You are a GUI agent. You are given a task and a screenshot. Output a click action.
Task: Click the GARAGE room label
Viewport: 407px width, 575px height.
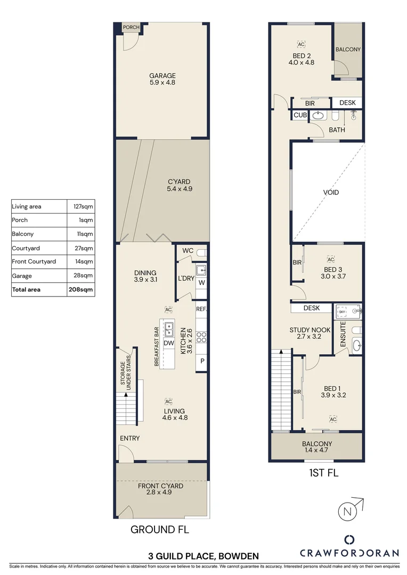[x=162, y=76]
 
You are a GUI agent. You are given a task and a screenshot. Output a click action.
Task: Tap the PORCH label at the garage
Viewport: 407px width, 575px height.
[x=131, y=28]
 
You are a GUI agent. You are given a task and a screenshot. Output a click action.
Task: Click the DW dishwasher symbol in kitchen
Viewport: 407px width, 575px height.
[x=169, y=343]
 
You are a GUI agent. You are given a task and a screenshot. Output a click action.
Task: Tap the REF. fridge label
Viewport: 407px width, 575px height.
[x=201, y=309]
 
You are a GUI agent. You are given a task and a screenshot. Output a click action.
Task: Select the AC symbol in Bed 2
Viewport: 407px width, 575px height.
[x=302, y=45]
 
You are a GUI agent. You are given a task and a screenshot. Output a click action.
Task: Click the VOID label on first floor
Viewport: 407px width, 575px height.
[x=331, y=192]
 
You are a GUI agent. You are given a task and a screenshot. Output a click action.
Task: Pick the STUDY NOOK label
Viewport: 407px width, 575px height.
[x=310, y=330]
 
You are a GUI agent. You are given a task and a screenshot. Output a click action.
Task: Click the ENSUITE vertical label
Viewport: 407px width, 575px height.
[x=343, y=334]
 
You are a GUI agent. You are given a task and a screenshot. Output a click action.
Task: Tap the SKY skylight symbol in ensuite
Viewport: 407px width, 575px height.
[x=342, y=311]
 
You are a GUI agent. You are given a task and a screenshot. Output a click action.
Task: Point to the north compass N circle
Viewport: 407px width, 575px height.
[x=347, y=512]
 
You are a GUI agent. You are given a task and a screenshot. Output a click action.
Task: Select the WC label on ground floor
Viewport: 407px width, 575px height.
[x=188, y=251]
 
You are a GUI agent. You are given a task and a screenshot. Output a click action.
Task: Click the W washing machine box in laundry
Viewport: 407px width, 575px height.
[x=201, y=283]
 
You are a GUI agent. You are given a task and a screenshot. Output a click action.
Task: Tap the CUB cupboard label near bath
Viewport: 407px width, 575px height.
[x=300, y=115]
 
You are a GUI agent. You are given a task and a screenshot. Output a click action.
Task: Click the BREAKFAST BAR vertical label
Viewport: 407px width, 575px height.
[x=157, y=346]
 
